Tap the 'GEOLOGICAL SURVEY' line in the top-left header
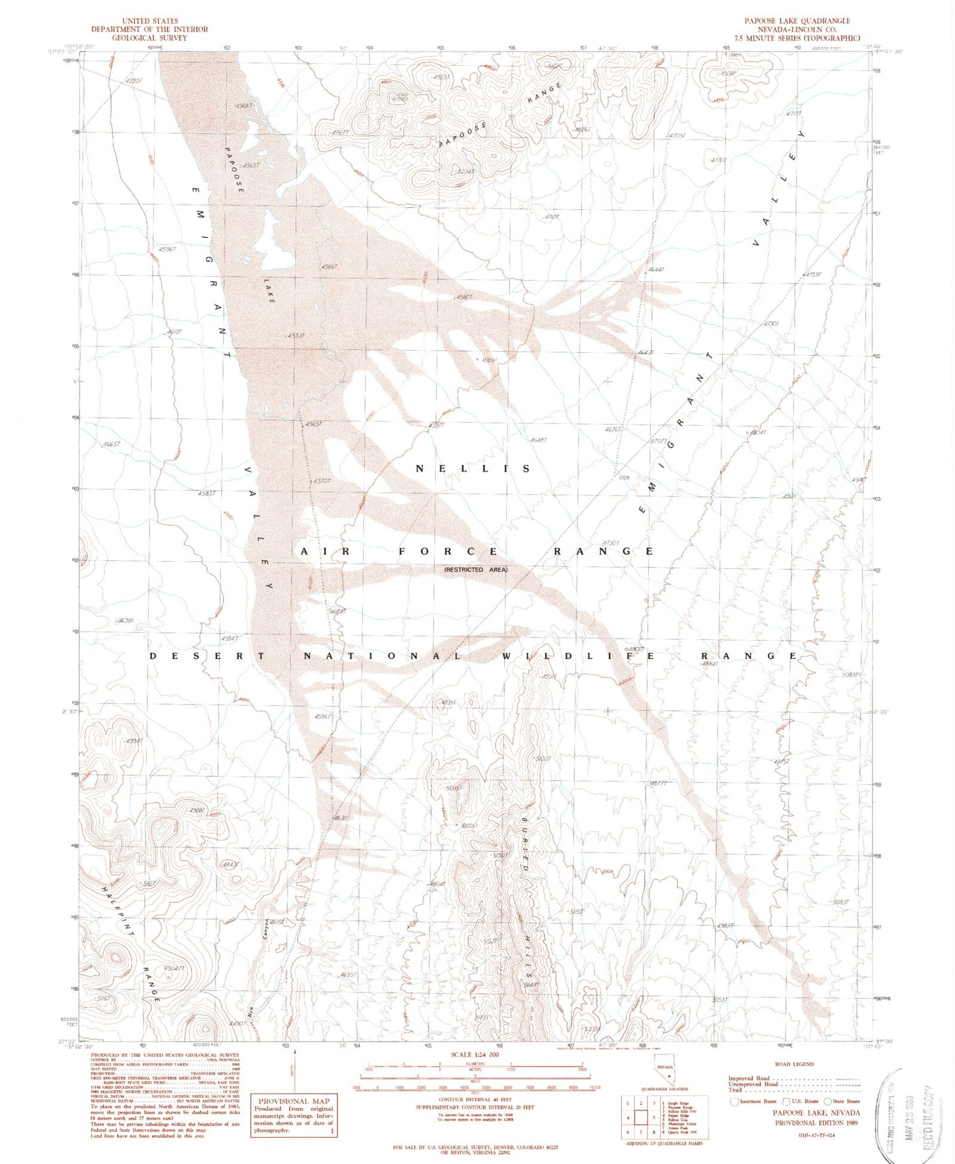pyautogui.click(x=150, y=38)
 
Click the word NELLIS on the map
pyautogui.click(x=473, y=469)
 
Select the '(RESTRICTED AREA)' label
pyautogui.click(x=476, y=569)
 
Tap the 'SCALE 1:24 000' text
pyautogui.click(x=476, y=1054)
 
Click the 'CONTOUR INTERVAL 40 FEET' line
pyautogui.click(x=476, y=1099)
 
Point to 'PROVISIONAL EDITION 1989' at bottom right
pyautogui.click(x=816, y=1123)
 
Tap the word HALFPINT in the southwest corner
pyautogui.click(x=118, y=909)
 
